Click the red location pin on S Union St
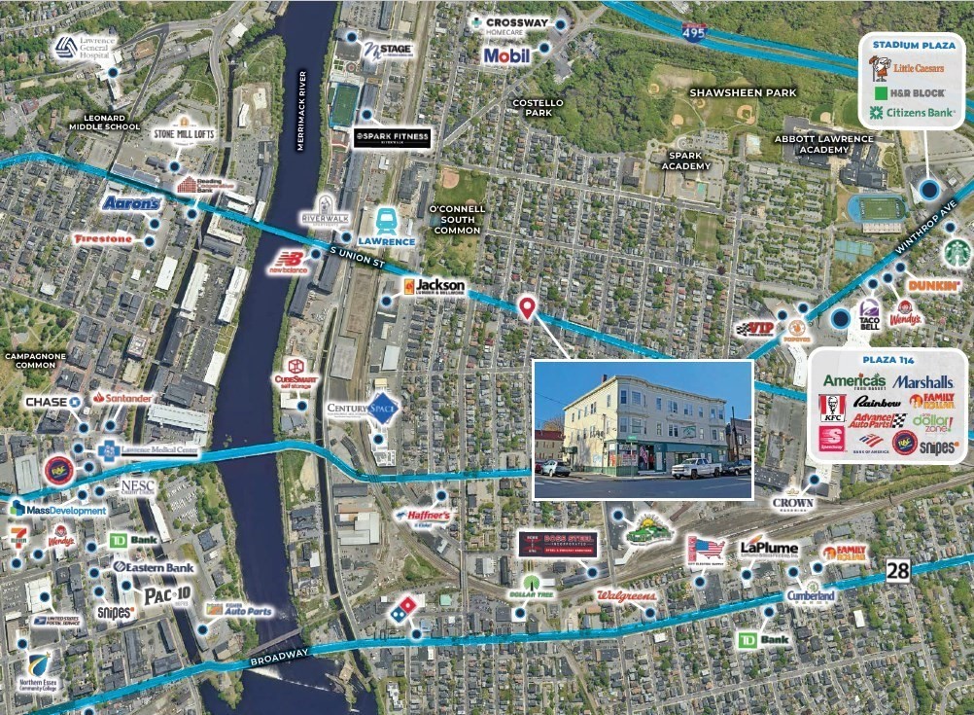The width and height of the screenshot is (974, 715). pos(527,307)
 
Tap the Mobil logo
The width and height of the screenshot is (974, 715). pos(506,55)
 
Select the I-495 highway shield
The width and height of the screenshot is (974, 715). pos(694,32)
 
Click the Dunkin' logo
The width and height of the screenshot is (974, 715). pos(934,286)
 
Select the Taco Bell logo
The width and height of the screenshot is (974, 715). pos(870,313)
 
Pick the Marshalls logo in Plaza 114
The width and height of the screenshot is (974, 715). pos(922,381)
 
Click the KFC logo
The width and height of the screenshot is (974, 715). pos(832,408)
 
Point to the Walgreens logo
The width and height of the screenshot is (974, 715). pos(625,594)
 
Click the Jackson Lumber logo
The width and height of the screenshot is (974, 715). pos(435,286)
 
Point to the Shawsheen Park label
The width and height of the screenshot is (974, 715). pos(743,92)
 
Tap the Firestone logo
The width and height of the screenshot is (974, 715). pos(102,238)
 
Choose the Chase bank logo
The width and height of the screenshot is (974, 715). pos(53,401)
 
